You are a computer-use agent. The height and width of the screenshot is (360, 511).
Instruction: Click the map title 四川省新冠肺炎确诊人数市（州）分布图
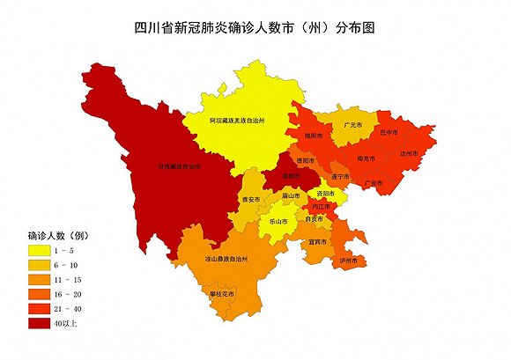pos(255,28)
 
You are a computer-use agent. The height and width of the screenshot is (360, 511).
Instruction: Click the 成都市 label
pos(292,176)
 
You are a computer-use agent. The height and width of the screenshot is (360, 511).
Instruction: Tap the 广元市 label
pos(355,126)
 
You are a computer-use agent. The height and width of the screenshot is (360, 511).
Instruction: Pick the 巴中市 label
pos(389,132)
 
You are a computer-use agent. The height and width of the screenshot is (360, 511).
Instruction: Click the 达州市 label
pos(408,153)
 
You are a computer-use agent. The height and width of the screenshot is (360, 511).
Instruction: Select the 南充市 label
pos(367,158)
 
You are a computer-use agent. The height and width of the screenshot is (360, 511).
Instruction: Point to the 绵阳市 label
pos(315,136)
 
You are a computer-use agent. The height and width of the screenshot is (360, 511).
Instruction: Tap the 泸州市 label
pos(349,261)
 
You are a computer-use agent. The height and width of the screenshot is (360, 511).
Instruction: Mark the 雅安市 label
pos(250,201)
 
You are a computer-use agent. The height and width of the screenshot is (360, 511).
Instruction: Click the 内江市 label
pos(322,206)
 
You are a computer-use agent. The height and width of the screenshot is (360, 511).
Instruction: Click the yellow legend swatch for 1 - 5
pos(41,251)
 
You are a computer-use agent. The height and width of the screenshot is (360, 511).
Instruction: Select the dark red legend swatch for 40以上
pos(41,323)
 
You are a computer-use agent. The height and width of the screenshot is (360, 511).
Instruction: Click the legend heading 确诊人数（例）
pos(57,235)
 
